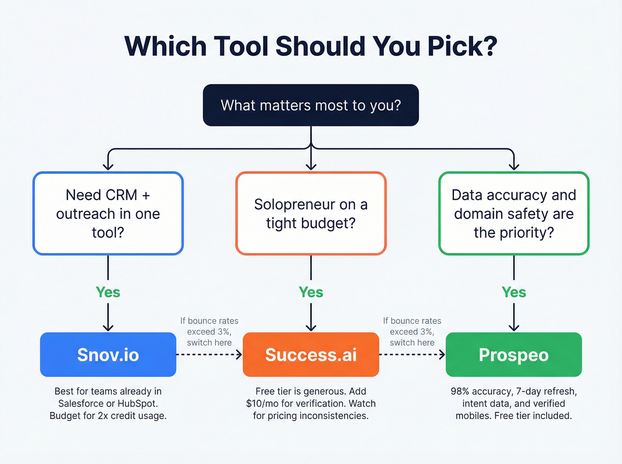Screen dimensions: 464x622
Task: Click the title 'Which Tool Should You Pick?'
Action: [311, 46]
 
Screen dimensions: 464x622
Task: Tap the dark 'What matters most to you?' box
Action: [311, 105]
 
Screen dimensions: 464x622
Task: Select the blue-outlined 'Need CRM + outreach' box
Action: [108, 214]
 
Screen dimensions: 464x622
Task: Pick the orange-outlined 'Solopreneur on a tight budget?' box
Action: [311, 214]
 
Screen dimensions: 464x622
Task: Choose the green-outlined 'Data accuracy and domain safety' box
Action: [514, 214]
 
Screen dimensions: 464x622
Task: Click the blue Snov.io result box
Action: [108, 355]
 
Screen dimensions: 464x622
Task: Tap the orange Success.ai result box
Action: [311, 355]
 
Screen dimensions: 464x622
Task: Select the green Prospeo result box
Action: [514, 355]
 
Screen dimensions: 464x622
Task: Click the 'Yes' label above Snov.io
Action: [108, 292]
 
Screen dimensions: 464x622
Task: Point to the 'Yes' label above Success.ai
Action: [311, 292]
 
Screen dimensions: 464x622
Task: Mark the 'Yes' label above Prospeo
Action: [514, 292]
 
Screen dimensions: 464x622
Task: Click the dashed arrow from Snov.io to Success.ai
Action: [209, 354]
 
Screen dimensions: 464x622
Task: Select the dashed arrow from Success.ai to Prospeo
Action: [412, 354]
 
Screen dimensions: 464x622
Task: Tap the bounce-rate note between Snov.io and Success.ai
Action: [209, 332]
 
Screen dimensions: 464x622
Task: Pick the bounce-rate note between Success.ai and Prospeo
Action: [412, 332]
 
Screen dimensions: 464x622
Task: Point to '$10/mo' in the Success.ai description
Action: [263, 404]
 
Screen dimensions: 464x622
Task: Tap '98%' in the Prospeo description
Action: [460, 392]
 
